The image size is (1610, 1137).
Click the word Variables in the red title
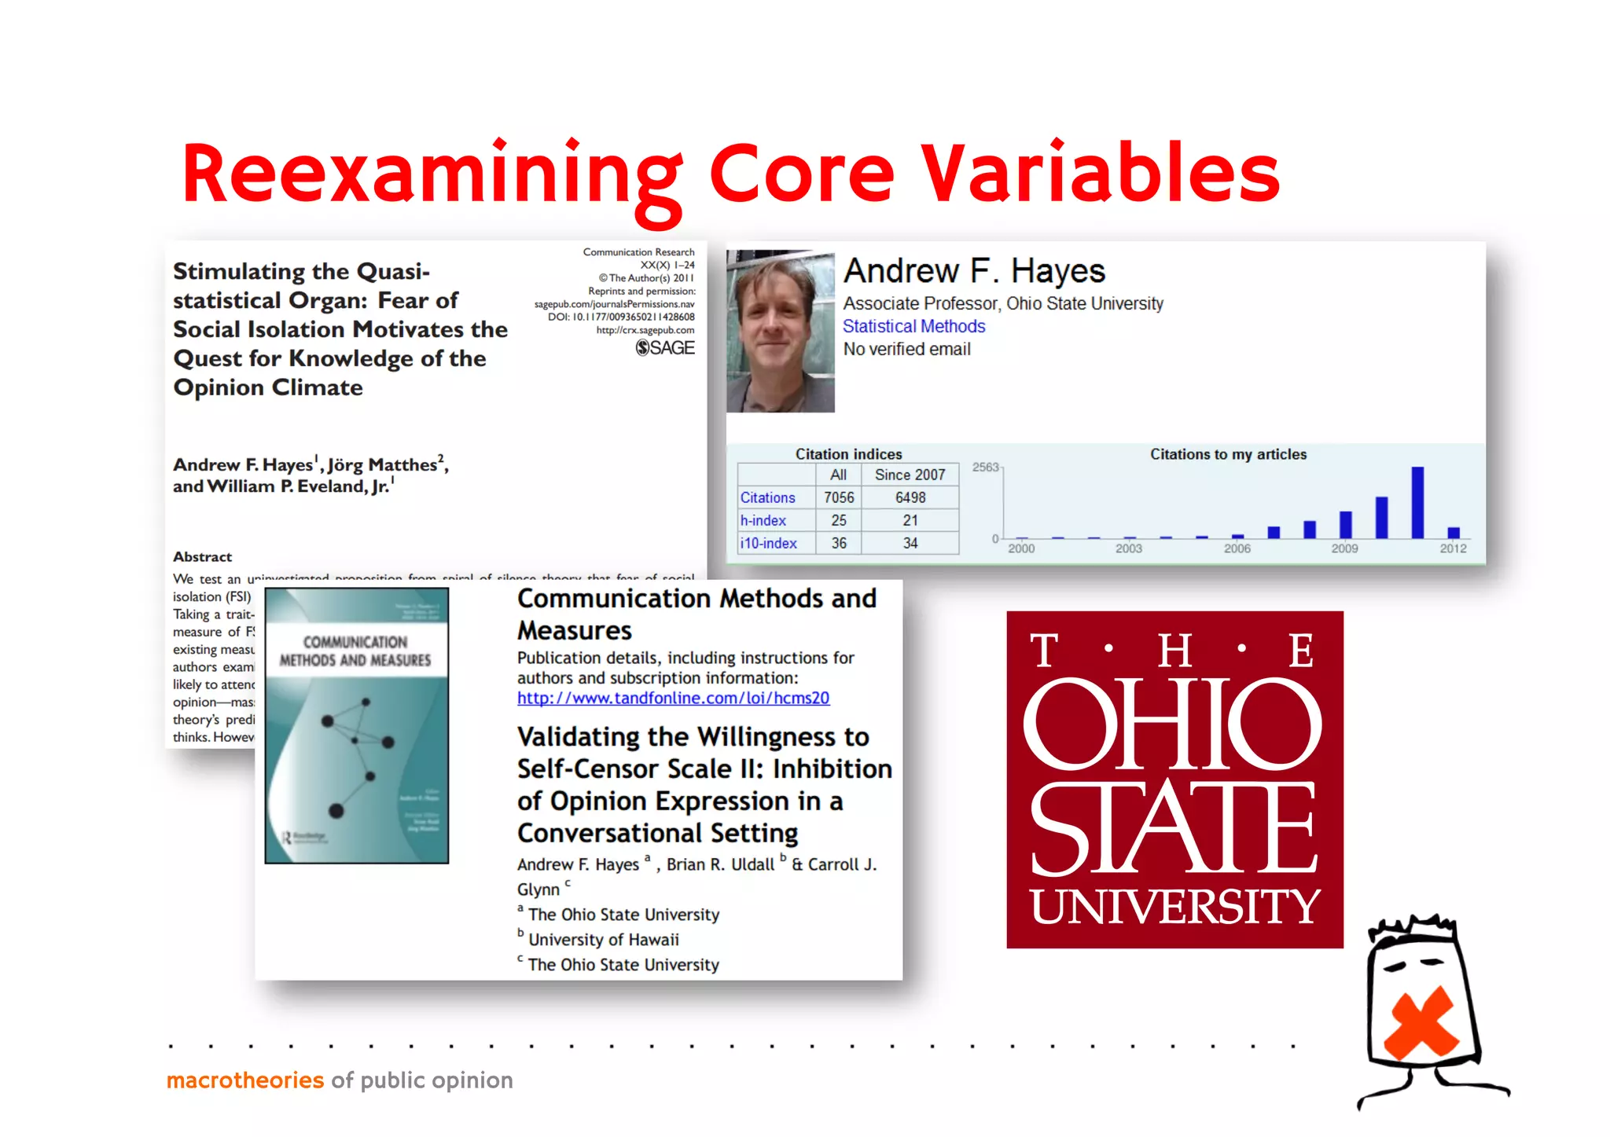(x=1101, y=174)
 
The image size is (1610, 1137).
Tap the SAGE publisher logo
(x=665, y=347)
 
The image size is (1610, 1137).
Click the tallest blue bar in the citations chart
(x=1417, y=502)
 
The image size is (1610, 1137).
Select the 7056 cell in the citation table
(x=838, y=497)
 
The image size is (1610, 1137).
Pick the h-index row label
(x=763, y=520)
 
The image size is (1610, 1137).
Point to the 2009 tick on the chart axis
(x=1344, y=548)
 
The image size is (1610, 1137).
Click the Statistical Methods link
(x=913, y=326)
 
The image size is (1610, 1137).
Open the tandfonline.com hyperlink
(x=673, y=698)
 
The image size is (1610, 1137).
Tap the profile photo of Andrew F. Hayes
(x=780, y=332)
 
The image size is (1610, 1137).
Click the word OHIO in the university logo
(x=1173, y=724)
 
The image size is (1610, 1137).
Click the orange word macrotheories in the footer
(x=245, y=1080)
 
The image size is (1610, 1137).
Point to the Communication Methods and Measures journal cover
(x=356, y=725)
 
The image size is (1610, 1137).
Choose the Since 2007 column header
(x=910, y=475)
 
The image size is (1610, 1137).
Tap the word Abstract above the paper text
(x=202, y=556)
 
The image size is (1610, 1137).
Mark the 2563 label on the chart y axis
(x=985, y=467)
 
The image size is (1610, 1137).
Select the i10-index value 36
(x=839, y=543)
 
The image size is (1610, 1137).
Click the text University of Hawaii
(x=603, y=940)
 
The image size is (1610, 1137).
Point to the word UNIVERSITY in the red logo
(x=1174, y=907)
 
